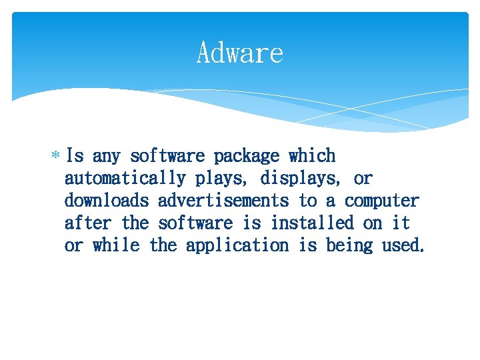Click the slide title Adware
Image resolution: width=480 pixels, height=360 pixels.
(240, 53)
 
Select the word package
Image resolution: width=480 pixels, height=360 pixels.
(247, 157)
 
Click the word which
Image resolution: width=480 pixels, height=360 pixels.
(312, 156)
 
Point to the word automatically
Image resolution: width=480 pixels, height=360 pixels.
(125, 179)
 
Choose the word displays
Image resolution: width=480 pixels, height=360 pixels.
(298, 179)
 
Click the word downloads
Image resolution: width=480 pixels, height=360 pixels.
(106, 201)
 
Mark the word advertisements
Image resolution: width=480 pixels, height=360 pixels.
(223, 201)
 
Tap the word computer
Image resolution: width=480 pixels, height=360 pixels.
(382, 201)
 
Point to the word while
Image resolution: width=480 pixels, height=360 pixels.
(116, 245)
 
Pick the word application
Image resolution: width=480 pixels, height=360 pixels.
(237, 245)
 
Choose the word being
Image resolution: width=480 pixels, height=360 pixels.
(349, 245)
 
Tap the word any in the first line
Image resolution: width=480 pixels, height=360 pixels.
(106, 157)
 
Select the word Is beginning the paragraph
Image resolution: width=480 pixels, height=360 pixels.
(75, 156)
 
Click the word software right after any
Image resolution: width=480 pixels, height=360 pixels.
(167, 156)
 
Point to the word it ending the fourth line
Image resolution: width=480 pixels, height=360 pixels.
(401, 223)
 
